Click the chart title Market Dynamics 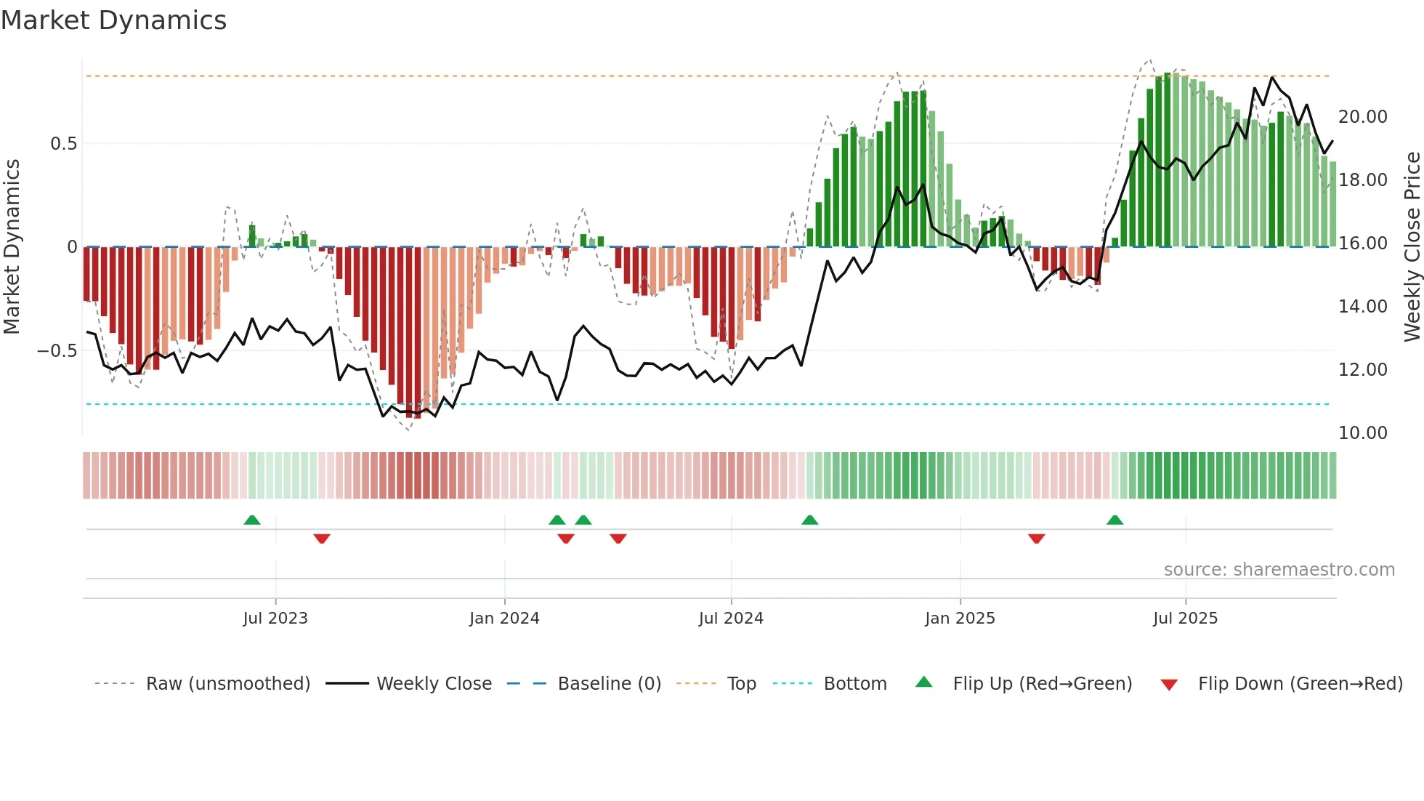point(113,20)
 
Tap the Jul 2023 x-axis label point(275,619)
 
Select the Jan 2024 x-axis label point(504,619)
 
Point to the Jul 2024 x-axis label point(731,619)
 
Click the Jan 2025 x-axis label point(960,619)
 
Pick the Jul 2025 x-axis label point(1185,619)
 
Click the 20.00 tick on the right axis point(1362,117)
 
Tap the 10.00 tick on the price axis point(1362,433)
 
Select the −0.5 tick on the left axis point(57,351)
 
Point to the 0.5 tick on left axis point(63,144)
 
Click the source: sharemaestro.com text point(1279,570)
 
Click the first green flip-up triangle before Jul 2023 point(252,520)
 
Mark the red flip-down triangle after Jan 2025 point(1037,538)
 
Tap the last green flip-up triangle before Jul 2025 point(1115,520)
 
